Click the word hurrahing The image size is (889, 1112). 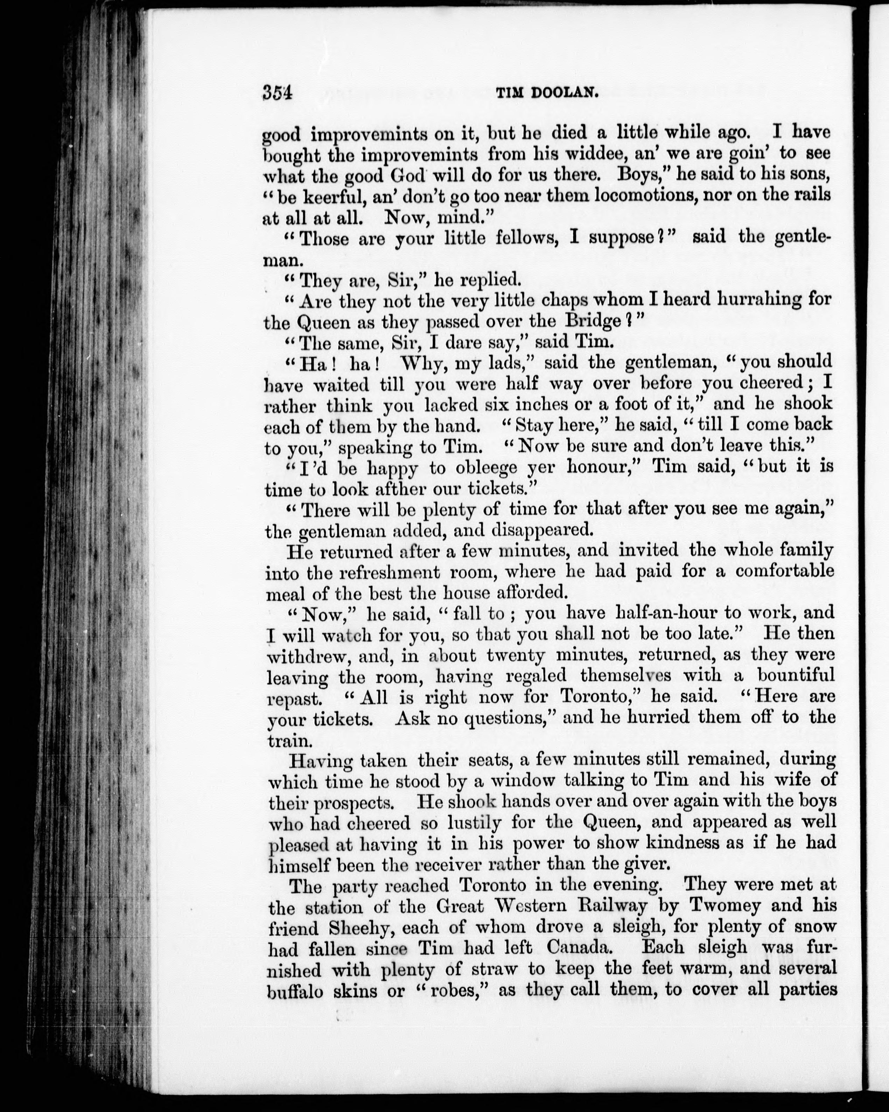[x=736, y=300]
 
